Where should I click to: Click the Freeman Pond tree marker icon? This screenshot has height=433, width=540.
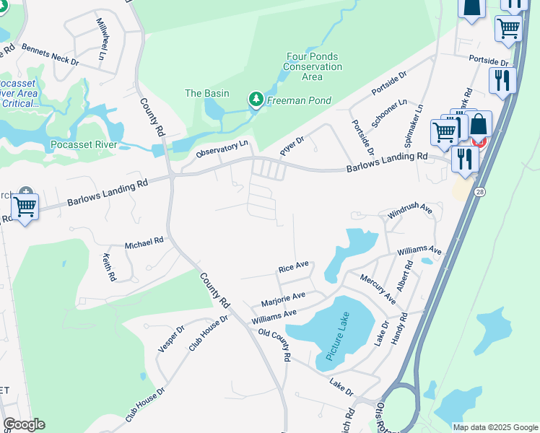point(256,100)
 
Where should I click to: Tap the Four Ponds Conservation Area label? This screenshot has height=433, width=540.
point(313,66)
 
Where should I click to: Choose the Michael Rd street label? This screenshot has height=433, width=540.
point(144,244)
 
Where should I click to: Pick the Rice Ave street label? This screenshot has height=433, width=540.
point(293,267)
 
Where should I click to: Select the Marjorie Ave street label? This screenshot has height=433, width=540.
point(284,297)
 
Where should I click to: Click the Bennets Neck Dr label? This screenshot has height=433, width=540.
point(50,55)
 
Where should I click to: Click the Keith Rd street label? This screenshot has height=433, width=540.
point(110,266)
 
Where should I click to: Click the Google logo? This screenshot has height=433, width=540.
point(24,424)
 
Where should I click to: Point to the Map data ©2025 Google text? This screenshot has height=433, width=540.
point(495,427)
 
